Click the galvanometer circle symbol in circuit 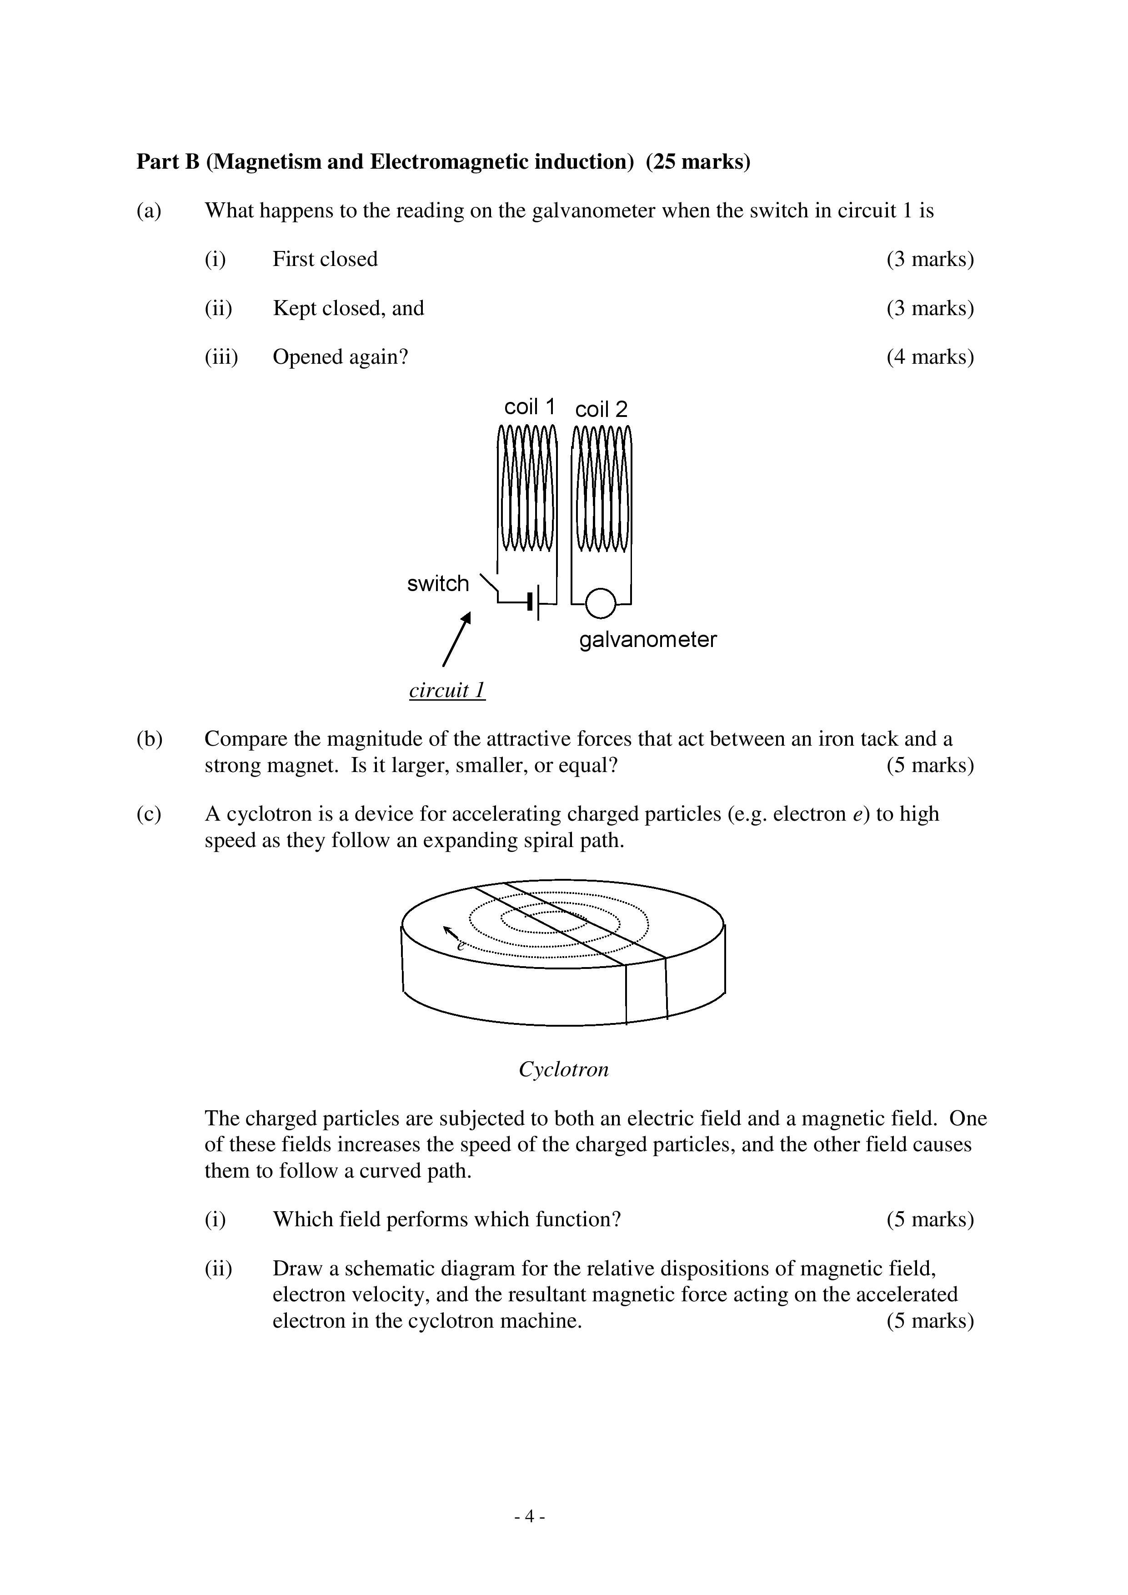click(x=601, y=602)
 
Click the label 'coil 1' click(x=529, y=406)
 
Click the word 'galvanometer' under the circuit click(x=647, y=639)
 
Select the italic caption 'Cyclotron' click(x=563, y=1068)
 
